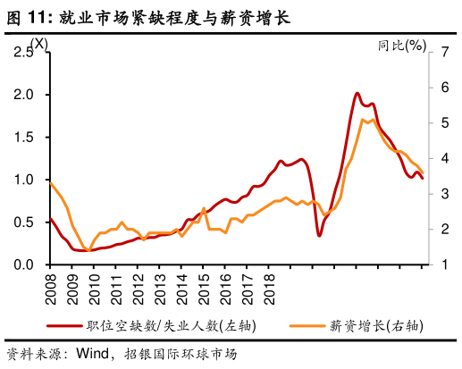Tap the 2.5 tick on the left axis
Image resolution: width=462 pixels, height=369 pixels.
click(25, 52)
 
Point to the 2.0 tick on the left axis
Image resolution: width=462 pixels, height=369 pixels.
click(25, 95)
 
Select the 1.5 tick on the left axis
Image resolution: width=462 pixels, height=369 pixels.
click(25, 138)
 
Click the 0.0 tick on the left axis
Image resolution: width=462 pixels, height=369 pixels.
click(25, 265)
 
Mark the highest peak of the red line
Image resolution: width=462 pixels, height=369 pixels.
click(357, 93)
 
